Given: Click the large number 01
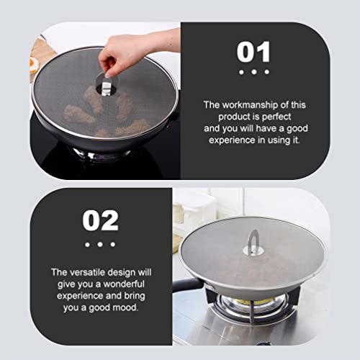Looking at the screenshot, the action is [x=253, y=52].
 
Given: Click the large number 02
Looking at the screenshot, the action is [x=100, y=220].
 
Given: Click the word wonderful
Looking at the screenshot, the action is [x=124, y=284].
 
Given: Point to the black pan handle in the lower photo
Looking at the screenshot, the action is [x=187, y=285].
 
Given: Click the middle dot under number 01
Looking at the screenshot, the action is [x=254, y=72].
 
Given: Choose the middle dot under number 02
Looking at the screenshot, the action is [x=100, y=244].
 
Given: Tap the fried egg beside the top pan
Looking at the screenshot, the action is [x=34, y=65].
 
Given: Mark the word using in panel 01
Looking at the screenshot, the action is [x=279, y=140].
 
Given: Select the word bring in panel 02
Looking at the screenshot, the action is [x=135, y=296].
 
